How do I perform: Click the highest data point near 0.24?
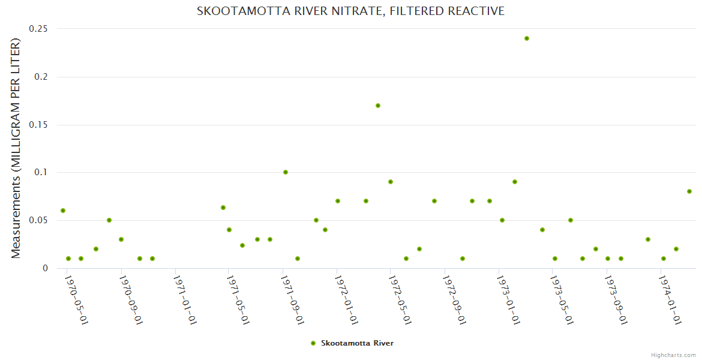[x=527, y=38]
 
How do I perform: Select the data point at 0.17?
[x=378, y=106]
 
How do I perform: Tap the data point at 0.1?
[x=286, y=172]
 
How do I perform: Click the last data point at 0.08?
[x=689, y=191]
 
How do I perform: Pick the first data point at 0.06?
[x=63, y=211]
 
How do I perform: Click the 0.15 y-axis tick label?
[x=39, y=125]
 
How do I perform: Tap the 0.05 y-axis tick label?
[x=39, y=220]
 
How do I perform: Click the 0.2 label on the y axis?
[x=41, y=77]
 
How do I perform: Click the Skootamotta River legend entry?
[x=357, y=343]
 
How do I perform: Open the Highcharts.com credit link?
[x=673, y=355]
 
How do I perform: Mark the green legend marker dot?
[x=313, y=343]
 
